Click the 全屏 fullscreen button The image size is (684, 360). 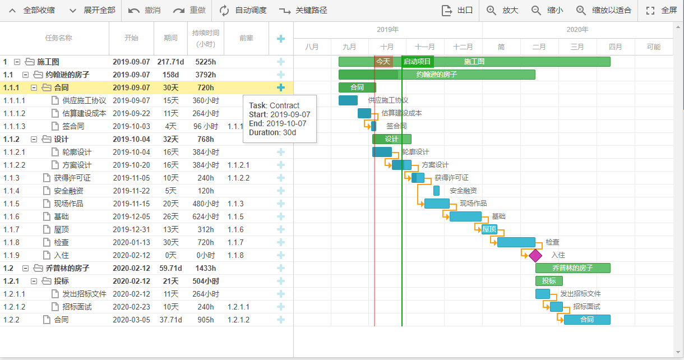pyautogui.click(x=662, y=10)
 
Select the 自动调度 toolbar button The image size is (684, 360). pyautogui.click(x=243, y=10)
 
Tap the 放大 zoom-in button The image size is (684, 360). pyautogui.click(x=502, y=10)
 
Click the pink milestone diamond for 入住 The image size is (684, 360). pyautogui.click(x=535, y=255)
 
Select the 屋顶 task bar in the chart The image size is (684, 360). pyautogui.click(x=489, y=229)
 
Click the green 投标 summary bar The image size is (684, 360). pyautogui.click(x=549, y=281)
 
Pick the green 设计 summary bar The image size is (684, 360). pyautogui.click(x=391, y=139)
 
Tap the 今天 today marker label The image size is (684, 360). pyautogui.click(x=383, y=62)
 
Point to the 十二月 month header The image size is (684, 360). pyautogui.click(x=463, y=47)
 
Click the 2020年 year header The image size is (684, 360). pyautogui.click(x=577, y=30)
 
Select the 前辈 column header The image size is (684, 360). pyautogui.click(x=246, y=38)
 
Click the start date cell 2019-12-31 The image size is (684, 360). pyautogui.click(x=131, y=229)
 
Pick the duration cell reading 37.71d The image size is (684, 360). pyautogui.click(x=170, y=320)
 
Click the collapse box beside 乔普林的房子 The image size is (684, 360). pyautogui.click(x=25, y=268)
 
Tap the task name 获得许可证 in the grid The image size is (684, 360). pyautogui.click(x=72, y=178)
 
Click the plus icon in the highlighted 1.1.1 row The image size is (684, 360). pyautogui.click(x=281, y=87)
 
